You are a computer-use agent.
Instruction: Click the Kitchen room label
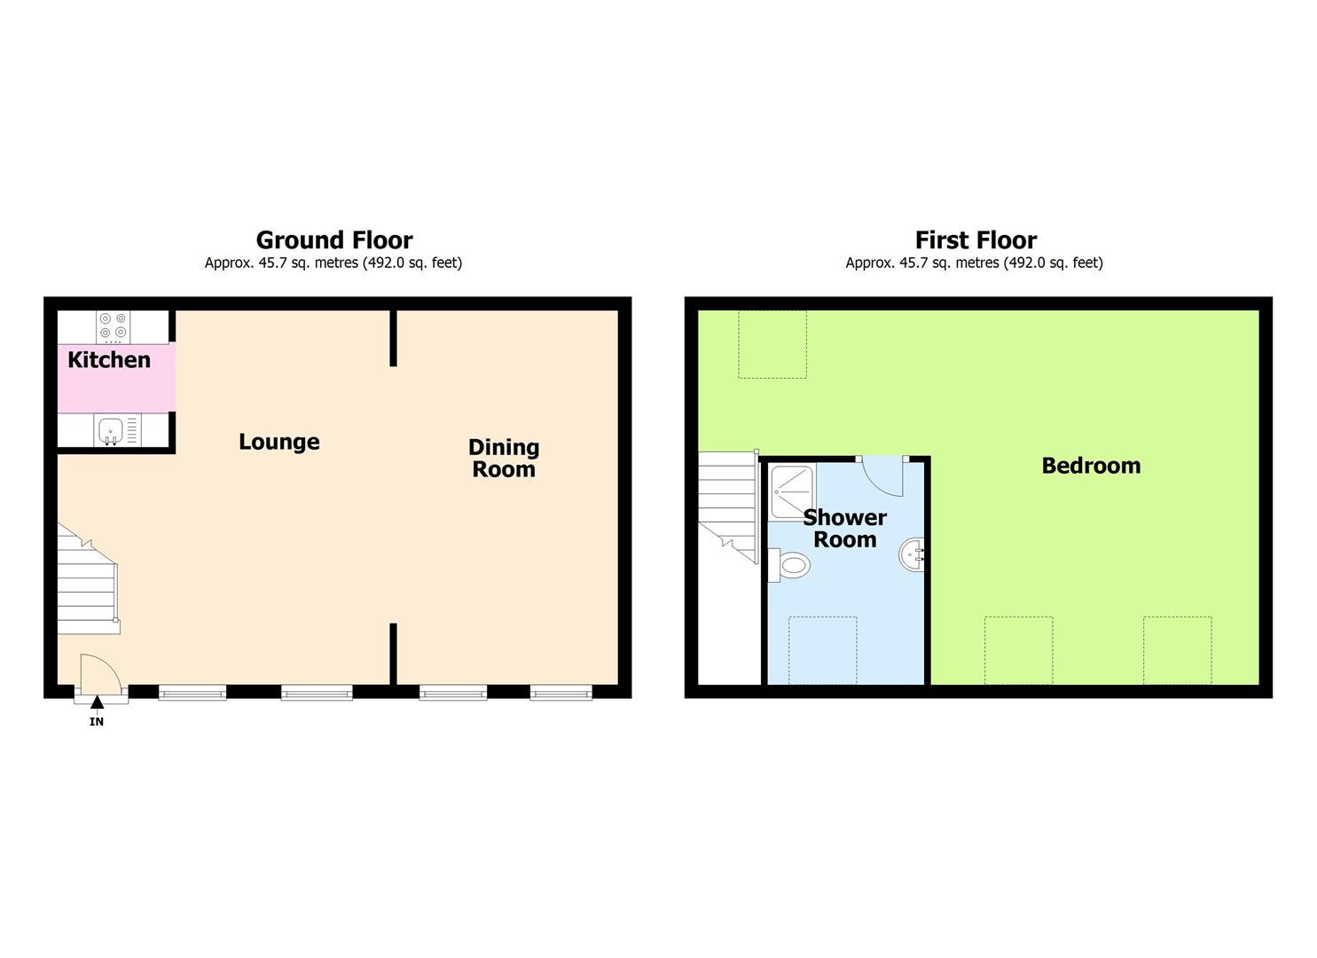109,360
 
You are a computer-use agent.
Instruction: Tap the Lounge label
279,442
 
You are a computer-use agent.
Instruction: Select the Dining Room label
504,458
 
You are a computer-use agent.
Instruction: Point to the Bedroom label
1091,466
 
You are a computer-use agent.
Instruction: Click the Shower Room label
844,529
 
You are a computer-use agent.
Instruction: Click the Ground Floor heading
334,240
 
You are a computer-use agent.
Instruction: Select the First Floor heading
976,240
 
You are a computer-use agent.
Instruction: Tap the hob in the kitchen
113,326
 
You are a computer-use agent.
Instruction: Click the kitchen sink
111,430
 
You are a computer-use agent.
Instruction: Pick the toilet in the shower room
790,565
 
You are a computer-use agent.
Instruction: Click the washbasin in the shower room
913,556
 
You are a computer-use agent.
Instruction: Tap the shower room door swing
883,475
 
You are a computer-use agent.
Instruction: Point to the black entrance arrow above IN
97,703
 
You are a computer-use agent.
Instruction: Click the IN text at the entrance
97,722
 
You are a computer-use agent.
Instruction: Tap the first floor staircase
727,506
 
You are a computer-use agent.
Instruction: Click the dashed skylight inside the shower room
823,650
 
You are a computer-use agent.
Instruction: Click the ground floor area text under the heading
333,263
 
